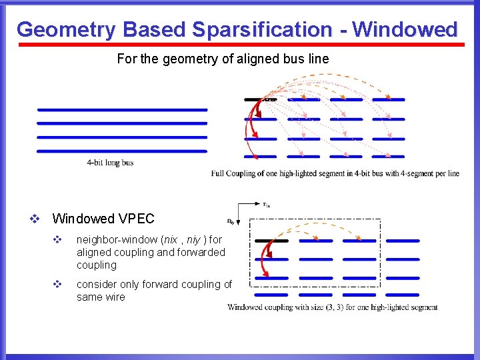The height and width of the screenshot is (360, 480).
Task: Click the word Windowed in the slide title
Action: [x=405, y=30]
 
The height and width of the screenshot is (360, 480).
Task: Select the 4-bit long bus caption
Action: [x=110, y=163]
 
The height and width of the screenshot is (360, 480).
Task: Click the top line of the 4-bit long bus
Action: [x=122, y=109]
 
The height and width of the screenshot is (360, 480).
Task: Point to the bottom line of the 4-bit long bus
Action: [x=122, y=151]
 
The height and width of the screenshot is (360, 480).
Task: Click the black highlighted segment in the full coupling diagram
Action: [x=259, y=100]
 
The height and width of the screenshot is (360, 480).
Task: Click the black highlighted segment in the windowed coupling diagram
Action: [x=271, y=241]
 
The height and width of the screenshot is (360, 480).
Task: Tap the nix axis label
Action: [x=267, y=205]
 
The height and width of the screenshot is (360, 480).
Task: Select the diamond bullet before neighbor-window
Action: [x=57, y=239]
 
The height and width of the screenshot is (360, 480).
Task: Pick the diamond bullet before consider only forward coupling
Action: [x=57, y=285]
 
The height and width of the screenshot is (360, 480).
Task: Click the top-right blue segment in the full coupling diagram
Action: [x=388, y=100]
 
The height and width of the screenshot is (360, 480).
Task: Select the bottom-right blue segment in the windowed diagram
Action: [x=403, y=294]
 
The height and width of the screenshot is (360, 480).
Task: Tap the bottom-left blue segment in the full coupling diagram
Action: [x=259, y=157]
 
